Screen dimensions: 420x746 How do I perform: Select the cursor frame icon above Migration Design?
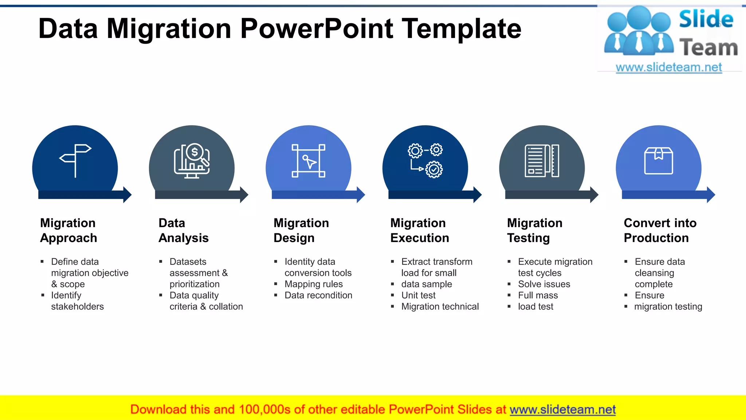tap(309, 161)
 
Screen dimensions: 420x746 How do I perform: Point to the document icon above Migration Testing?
tap(542, 161)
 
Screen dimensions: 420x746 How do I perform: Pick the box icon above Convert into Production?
tap(659, 161)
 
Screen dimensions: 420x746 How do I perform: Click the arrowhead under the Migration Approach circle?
tap(127, 195)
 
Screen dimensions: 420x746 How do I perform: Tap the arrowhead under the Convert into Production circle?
tap(711, 195)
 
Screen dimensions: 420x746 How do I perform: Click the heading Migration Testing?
tap(534, 230)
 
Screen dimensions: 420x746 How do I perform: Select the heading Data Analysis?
tap(183, 230)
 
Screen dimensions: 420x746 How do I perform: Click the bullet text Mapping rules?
tap(314, 284)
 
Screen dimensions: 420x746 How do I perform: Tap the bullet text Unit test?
tap(418, 295)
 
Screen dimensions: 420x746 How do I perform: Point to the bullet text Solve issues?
tap(544, 284)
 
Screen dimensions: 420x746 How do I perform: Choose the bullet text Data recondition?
tap(318, 295)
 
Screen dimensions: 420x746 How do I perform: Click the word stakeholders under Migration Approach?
tap(77, 307)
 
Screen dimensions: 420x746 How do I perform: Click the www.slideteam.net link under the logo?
tap(669, 67)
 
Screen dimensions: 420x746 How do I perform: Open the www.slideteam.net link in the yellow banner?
tap(562, 409)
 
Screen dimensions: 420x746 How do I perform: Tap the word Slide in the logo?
tap(706, 19)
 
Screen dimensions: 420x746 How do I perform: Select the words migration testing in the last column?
tap(668, 307)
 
